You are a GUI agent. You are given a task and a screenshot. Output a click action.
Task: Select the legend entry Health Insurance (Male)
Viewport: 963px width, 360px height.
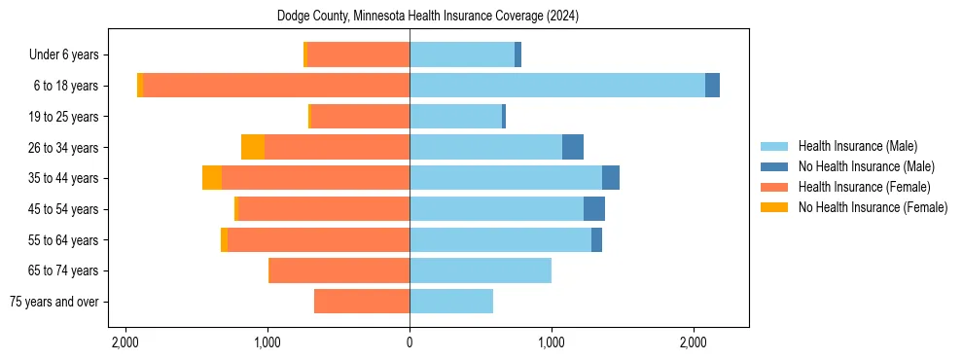[857, 146]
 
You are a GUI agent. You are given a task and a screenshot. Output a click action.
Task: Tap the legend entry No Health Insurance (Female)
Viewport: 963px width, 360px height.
[873, 207]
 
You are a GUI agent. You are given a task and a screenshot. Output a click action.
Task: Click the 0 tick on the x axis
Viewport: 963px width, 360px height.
[410, 342]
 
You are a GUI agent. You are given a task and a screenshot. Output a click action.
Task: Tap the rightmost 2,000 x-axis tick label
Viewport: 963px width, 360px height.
[693, 342]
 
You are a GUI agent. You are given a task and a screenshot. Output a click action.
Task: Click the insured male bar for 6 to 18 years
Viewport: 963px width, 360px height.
[557, 86]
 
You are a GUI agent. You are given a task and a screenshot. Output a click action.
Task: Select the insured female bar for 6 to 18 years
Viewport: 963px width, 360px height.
[276, 86]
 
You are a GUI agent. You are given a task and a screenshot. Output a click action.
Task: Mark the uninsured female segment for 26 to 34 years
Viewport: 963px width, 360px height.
[253, 147]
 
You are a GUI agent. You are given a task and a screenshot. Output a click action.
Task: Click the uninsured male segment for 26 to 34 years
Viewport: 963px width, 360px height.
[573, 147]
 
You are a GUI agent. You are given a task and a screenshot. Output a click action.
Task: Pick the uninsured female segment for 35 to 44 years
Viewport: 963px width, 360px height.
[212, 178]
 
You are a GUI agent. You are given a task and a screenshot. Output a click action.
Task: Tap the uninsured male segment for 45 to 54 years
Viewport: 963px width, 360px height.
[594, 209]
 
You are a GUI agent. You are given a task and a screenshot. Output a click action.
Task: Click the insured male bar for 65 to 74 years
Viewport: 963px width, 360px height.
[481, 270]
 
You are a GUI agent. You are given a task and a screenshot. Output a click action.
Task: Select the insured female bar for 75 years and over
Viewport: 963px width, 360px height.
[362, 302]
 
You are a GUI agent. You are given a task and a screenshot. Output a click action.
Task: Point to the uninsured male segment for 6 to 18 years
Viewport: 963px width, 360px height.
[712, 86]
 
